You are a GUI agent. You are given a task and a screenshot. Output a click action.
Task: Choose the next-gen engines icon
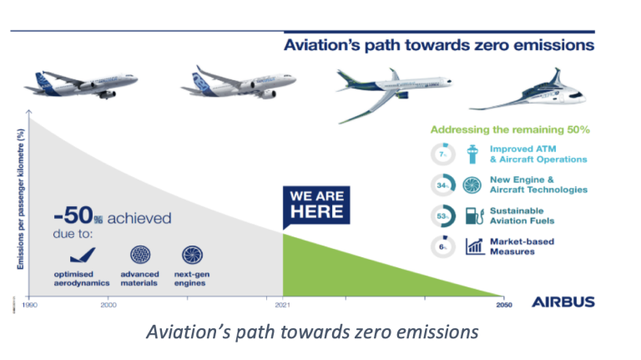click(192, 256)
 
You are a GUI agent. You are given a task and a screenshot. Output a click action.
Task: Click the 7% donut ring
click(443, 155)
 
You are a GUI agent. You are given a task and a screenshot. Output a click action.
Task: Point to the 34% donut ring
click(443, 185)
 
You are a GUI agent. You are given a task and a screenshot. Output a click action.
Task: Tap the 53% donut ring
click(443, 215)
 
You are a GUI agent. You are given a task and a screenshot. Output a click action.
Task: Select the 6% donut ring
click(443, 246)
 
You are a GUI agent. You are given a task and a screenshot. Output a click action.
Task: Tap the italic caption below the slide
click(311, 332)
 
